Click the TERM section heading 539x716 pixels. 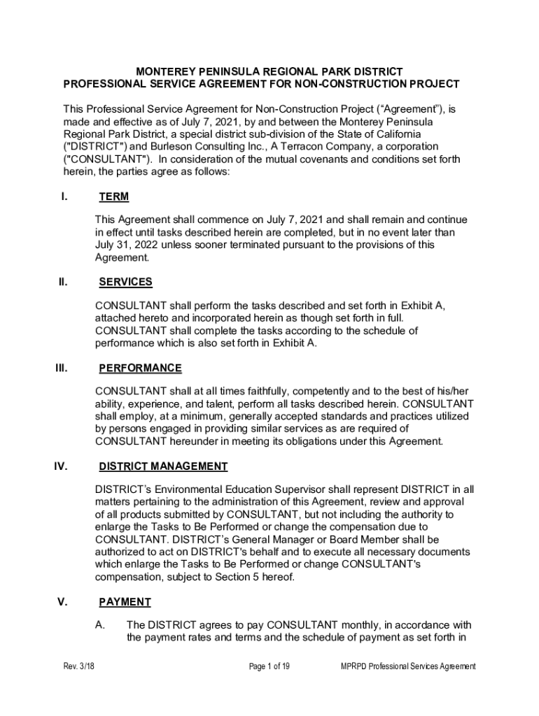tap(114, 197)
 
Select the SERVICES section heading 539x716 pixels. tap(125, 282)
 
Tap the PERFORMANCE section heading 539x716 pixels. tap(140, 368)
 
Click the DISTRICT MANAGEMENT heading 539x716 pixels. tap(163, 466)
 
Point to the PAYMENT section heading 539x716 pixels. tap(125, 602)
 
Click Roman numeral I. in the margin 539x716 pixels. tap(64, 196)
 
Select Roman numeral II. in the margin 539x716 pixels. tap(62, 282)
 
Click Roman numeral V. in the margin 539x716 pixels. tap(62, 601)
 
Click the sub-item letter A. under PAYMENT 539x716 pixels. tap(100, 624)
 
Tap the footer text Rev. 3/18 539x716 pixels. tap(78, 666)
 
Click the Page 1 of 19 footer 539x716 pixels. tap(269, 666)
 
